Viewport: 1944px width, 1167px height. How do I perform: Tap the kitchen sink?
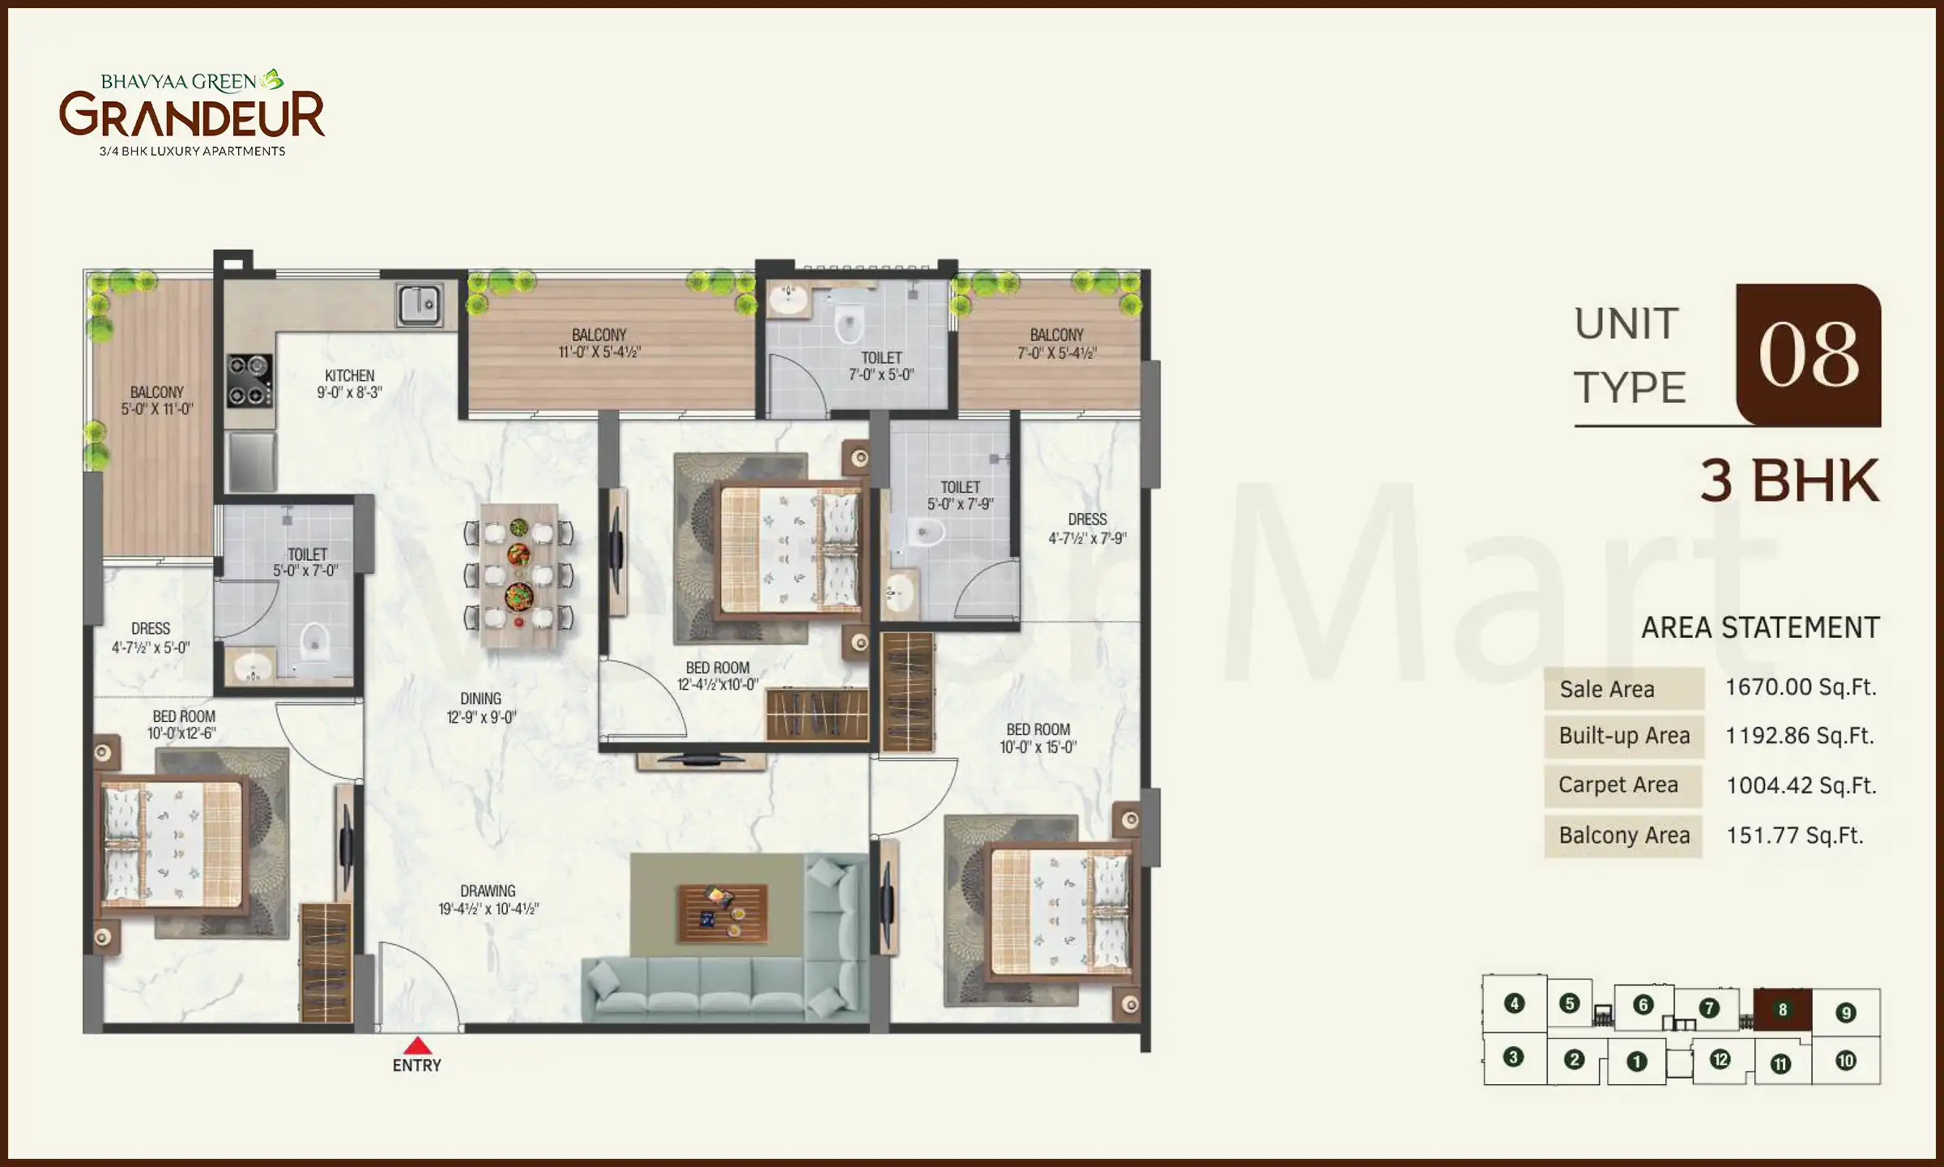[x=420, y=306]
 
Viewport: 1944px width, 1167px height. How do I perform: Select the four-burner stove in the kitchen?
[x=249, y=380]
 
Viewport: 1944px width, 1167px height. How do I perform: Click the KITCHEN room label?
[x=349, y=384]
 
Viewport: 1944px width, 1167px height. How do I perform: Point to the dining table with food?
[x=518, y=575]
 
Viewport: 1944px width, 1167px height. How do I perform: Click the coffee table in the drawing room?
[x=723, y=912]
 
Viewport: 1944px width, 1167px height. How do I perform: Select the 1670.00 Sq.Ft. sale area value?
[x=1800, y=687]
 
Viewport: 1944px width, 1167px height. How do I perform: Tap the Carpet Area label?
[x=1618, y=784]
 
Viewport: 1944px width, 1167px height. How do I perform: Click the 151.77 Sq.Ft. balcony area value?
[x=1794, y=835]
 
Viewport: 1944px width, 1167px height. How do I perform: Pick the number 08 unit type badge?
[x=1808, y=355]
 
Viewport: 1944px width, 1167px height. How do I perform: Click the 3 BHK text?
[x=1789, y=481]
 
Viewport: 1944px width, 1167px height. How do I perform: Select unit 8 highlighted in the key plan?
[x=1782, y=1010]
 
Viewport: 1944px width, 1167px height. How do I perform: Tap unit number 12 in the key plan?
[x=1720, y=1059]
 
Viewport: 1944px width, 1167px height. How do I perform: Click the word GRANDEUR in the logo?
[x=192, y=115]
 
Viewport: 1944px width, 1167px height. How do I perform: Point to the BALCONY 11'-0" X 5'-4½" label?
[x=599, y=343]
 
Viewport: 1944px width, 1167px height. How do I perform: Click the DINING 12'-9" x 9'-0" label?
[x=481, y=707]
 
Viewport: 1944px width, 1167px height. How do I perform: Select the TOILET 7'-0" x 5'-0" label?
[x=881, y=365]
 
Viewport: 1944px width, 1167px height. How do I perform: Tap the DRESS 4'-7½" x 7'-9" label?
[x=1087, y=528]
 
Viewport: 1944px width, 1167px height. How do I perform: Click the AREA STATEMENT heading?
[x=1759, y=627]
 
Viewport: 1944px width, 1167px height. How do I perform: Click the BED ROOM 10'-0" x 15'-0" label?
[x=1038, y=738]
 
